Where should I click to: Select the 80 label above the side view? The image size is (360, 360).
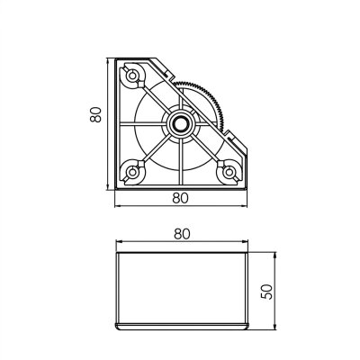[x=182, y=233]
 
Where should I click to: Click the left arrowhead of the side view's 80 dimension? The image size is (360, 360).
[x=118, y=244]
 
